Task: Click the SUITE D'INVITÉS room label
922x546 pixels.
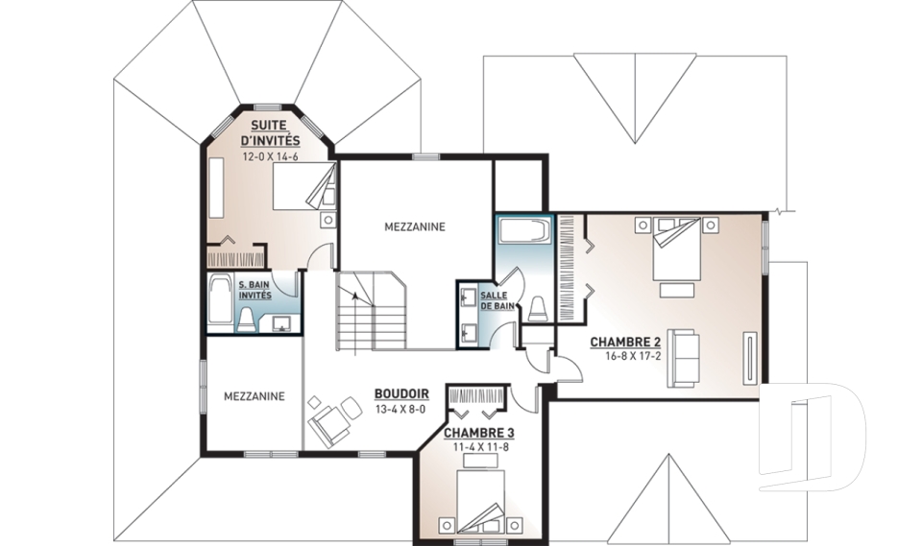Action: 271,132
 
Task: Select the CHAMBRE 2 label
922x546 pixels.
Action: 625,342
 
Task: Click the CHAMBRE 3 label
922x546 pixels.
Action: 479,433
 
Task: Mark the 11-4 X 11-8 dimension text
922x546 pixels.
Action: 481,446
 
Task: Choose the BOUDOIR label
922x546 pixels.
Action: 401,393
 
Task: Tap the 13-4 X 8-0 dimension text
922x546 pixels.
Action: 400,410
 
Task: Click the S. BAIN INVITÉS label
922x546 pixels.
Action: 255,290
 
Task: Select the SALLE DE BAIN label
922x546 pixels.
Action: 497,300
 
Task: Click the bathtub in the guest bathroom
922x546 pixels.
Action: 219,299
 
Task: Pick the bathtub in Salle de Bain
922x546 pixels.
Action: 524,231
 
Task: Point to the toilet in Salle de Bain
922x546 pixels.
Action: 538,309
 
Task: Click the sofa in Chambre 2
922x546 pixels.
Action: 683,358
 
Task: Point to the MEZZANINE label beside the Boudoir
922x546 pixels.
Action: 254,396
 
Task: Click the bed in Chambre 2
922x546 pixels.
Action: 676,249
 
